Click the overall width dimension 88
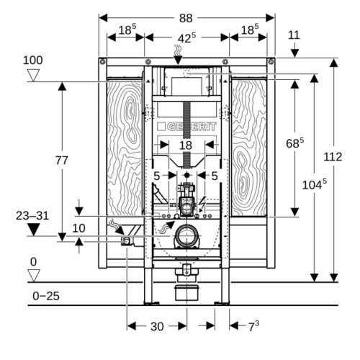[186, 18]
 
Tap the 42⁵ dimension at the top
[186, 38]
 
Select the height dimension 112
[333, 157]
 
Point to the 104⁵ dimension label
[315, 184]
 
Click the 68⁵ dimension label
[294, 143]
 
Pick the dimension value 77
[62, 161]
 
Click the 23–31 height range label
[32, 216]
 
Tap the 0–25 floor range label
[46, 296]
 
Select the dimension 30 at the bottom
[157, 326]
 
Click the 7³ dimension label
[253, 326]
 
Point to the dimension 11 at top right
[294, 35]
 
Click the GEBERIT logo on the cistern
[186, 127]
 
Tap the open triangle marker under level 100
[33, 76]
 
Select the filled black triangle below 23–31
[33, 230]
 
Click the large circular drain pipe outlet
[187, 235]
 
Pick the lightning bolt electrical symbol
[203, 203]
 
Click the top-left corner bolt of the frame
[103, 62]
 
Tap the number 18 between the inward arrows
[186, 145]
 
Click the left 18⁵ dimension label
[127, 30]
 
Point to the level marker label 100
[33, 60]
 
